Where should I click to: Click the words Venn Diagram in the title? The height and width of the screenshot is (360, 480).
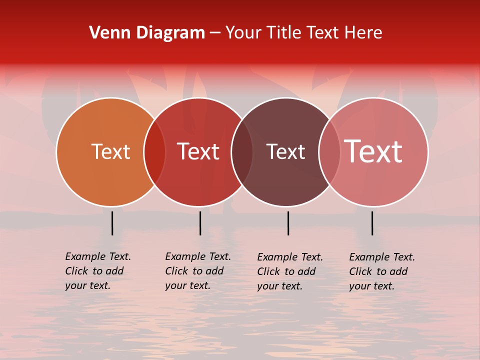coord(147,33)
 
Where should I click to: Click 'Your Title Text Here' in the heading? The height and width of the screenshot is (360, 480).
coord(304,33)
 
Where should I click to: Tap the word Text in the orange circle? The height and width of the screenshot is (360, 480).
coord(110,151)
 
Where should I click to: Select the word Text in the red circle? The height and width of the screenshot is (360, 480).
coord(198,151)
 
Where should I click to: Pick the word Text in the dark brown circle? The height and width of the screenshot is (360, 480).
coord(285,151)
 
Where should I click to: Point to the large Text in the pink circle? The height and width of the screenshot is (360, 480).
coord(373,151)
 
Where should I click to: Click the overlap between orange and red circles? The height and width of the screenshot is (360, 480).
coord(154,152)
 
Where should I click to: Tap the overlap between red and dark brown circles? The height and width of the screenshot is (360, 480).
coord(242,152)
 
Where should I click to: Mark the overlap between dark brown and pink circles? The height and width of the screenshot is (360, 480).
coord(329,152)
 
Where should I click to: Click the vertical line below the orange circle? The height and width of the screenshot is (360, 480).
coord(112,223)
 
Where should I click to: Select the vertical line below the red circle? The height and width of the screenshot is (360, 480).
coord(200,223)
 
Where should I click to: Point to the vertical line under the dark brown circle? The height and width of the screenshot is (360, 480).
coord(288,223)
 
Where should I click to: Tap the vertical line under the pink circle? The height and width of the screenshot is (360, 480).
coord(372,223)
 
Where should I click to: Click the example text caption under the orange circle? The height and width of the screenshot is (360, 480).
coord(98,271)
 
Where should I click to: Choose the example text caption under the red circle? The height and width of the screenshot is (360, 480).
coord(198,271)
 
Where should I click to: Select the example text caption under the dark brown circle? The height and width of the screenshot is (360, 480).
coord(290,271)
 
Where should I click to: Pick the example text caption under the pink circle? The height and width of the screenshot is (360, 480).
coord(382,271)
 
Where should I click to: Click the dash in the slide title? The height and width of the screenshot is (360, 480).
coord(215,33)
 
